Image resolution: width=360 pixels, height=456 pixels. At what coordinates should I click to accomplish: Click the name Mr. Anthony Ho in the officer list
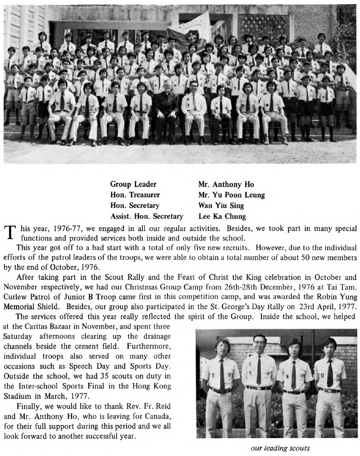pos(226,184)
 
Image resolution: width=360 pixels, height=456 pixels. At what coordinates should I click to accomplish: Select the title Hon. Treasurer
pos(135,195)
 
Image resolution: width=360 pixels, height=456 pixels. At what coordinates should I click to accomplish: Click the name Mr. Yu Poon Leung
pos(231,195)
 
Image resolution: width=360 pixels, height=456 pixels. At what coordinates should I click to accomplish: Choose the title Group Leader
pos(133,184)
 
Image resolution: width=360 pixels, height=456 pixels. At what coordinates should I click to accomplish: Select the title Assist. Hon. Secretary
pos(146,217)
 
